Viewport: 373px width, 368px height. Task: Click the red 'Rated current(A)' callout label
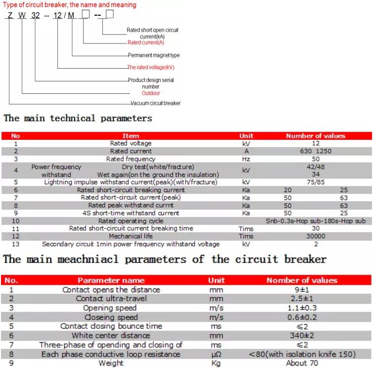click(x=146, y=42)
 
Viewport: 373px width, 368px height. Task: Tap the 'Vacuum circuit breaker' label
click(x=155, y=103)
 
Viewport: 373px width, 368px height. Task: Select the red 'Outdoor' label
click(x=151, y=93)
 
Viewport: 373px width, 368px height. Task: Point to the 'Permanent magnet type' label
click(x=154, y=55)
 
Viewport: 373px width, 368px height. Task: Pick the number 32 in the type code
click(x=35, y=15)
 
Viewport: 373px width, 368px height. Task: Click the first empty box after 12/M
click(x=85, y=14)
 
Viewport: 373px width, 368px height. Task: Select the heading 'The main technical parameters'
click(x=78, y=119)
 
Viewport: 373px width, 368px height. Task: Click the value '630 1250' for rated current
click(x=316, y=151)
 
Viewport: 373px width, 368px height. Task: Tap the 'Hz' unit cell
click(x=246, y=159)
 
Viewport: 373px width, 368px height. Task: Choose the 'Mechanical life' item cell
click(x=131, y=236)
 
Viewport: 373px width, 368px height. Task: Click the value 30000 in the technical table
click(x=316, y=236)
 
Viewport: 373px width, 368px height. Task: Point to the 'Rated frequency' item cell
click(x=131, y=159)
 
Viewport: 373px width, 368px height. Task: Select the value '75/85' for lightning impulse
click(x=316, y=182)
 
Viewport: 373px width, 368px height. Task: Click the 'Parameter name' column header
click(x=111, y=280)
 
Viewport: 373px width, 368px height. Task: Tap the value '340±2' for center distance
click(x=302, y=335)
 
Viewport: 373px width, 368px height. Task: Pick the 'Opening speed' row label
click(x=110, y=308)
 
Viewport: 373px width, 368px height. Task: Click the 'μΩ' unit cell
click(x=216, y=354)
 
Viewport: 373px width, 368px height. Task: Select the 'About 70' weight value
click(x=302, y=363)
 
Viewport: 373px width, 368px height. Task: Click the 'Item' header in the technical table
click(x=131, y=136)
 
